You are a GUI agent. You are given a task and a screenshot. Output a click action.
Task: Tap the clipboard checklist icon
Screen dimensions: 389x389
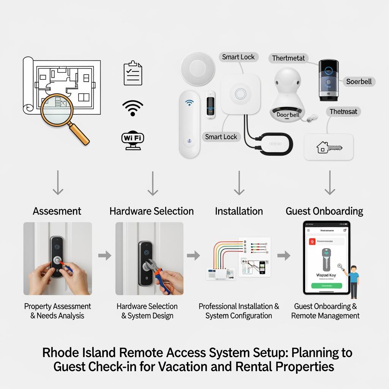(x=133, y=74)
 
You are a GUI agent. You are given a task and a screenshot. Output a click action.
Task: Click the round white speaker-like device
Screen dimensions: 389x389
(x=198, y=69)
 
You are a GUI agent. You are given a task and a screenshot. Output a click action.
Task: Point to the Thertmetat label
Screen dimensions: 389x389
(x=288, y=58)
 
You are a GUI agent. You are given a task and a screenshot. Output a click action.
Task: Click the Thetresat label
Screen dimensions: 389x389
(x=343, y=111)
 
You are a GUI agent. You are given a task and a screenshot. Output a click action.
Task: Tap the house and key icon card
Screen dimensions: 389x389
(x=329, y=147)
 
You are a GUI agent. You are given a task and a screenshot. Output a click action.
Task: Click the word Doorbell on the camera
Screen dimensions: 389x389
(x=288, y=114)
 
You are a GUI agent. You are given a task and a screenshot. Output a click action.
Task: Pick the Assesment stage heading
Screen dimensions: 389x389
(x=57, y=211)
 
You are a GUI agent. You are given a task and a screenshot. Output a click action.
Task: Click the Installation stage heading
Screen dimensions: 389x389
(x=239, y=211)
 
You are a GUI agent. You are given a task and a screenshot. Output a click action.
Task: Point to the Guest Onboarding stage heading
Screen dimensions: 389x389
(x=324, y=211)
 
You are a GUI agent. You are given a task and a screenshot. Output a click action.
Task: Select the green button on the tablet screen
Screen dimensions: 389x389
(x=327, y=285)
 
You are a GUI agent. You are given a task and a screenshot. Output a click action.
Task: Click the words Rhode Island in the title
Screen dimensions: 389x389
(x=79, y=353)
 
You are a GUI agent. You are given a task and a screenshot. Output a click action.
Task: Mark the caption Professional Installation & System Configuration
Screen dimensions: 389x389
(x=239, y=311)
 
